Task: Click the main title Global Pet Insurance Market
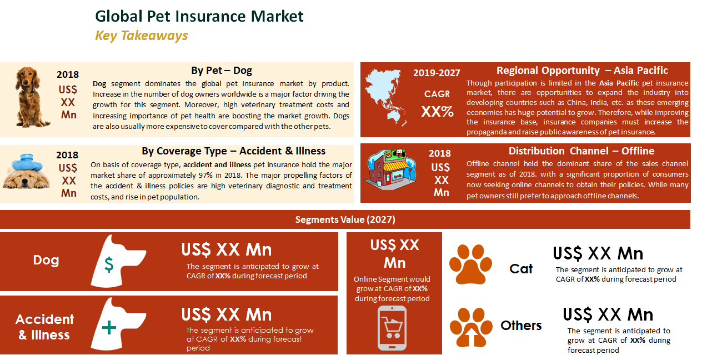click(199, 16)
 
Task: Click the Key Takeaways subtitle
click(141, 36)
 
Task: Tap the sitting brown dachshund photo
click(31, 97)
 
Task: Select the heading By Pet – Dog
click(222, 71)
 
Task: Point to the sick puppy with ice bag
click(26, 171)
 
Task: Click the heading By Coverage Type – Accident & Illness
click(233, 151)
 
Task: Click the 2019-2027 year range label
click(437, 73)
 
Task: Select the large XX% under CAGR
click(437, 111)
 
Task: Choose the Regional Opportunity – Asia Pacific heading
click(582, 71)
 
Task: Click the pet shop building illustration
click(390, 169)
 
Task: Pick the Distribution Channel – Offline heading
click(581, 151)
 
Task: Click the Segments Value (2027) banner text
click(345, 219)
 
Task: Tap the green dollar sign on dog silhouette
click(109, 264)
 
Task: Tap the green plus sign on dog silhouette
click(109, 328)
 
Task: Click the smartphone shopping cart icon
click(392, 328)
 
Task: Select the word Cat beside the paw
click(521, 269)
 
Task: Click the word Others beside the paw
click(521, 326)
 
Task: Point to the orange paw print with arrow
click(471, 327)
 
